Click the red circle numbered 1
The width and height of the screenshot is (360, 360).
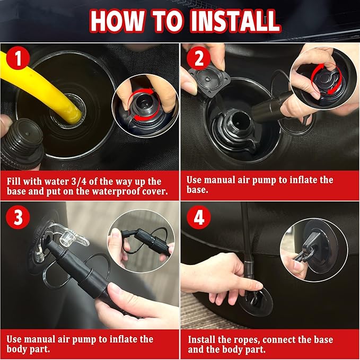pyautogui.click(x=18, y=58)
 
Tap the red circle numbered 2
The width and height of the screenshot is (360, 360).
pyautogui.click(x=199, y=58)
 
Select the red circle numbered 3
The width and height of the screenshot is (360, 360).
pyautogui.click(x=18, y=217)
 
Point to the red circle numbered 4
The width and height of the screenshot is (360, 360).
pyautogui.click(x=199, y=217)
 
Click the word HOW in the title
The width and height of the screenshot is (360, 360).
pyautogui.click(x=118, y=21)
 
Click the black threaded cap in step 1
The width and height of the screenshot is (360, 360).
pyautogui.click(x=23, y=144)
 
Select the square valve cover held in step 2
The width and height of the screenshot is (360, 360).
pyautogui.click(x=209, y=80)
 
